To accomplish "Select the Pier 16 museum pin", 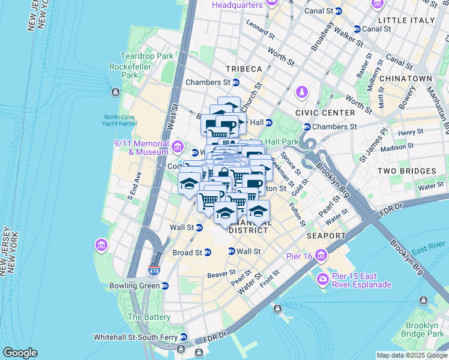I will [x=321, y=256].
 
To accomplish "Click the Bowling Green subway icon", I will [x=164, y=286].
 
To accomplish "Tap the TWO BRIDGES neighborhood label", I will [x=406, y=171].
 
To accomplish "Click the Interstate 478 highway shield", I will [x=155, y=270].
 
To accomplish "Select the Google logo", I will [x=20, y=353].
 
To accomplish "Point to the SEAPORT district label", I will [x=326, y=236].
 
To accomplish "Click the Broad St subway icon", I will [x=208, y=253].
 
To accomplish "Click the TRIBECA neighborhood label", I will [x=244, y=69].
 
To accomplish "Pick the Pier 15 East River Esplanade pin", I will [x=323, y=279].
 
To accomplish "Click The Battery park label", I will [x=145, y=317].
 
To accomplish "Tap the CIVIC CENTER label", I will [x=325, y=112].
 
